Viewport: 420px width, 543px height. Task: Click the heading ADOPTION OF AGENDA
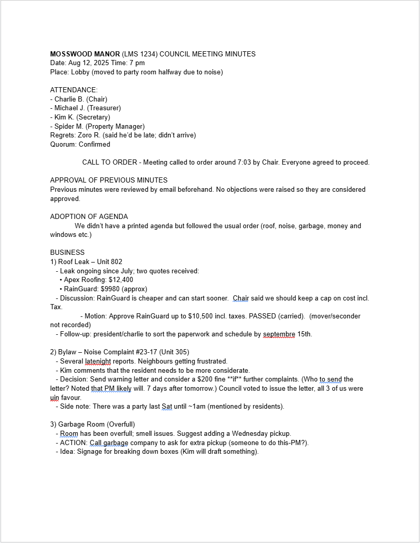pyautogui.click(x=89, y=217)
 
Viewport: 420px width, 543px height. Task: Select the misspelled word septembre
pyautogui.click(x=279, y=334)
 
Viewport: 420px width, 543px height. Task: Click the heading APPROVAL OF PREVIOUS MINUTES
pyautogui.click(x=109, y=180)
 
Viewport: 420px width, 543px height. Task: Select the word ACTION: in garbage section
pyautogui.click(x=74, y=443)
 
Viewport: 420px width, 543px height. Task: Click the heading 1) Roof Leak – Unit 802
pyautogui.click(x=86, y=262)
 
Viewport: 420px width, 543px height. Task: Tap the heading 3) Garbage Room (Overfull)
pyautogui.click(x=93, y=425)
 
